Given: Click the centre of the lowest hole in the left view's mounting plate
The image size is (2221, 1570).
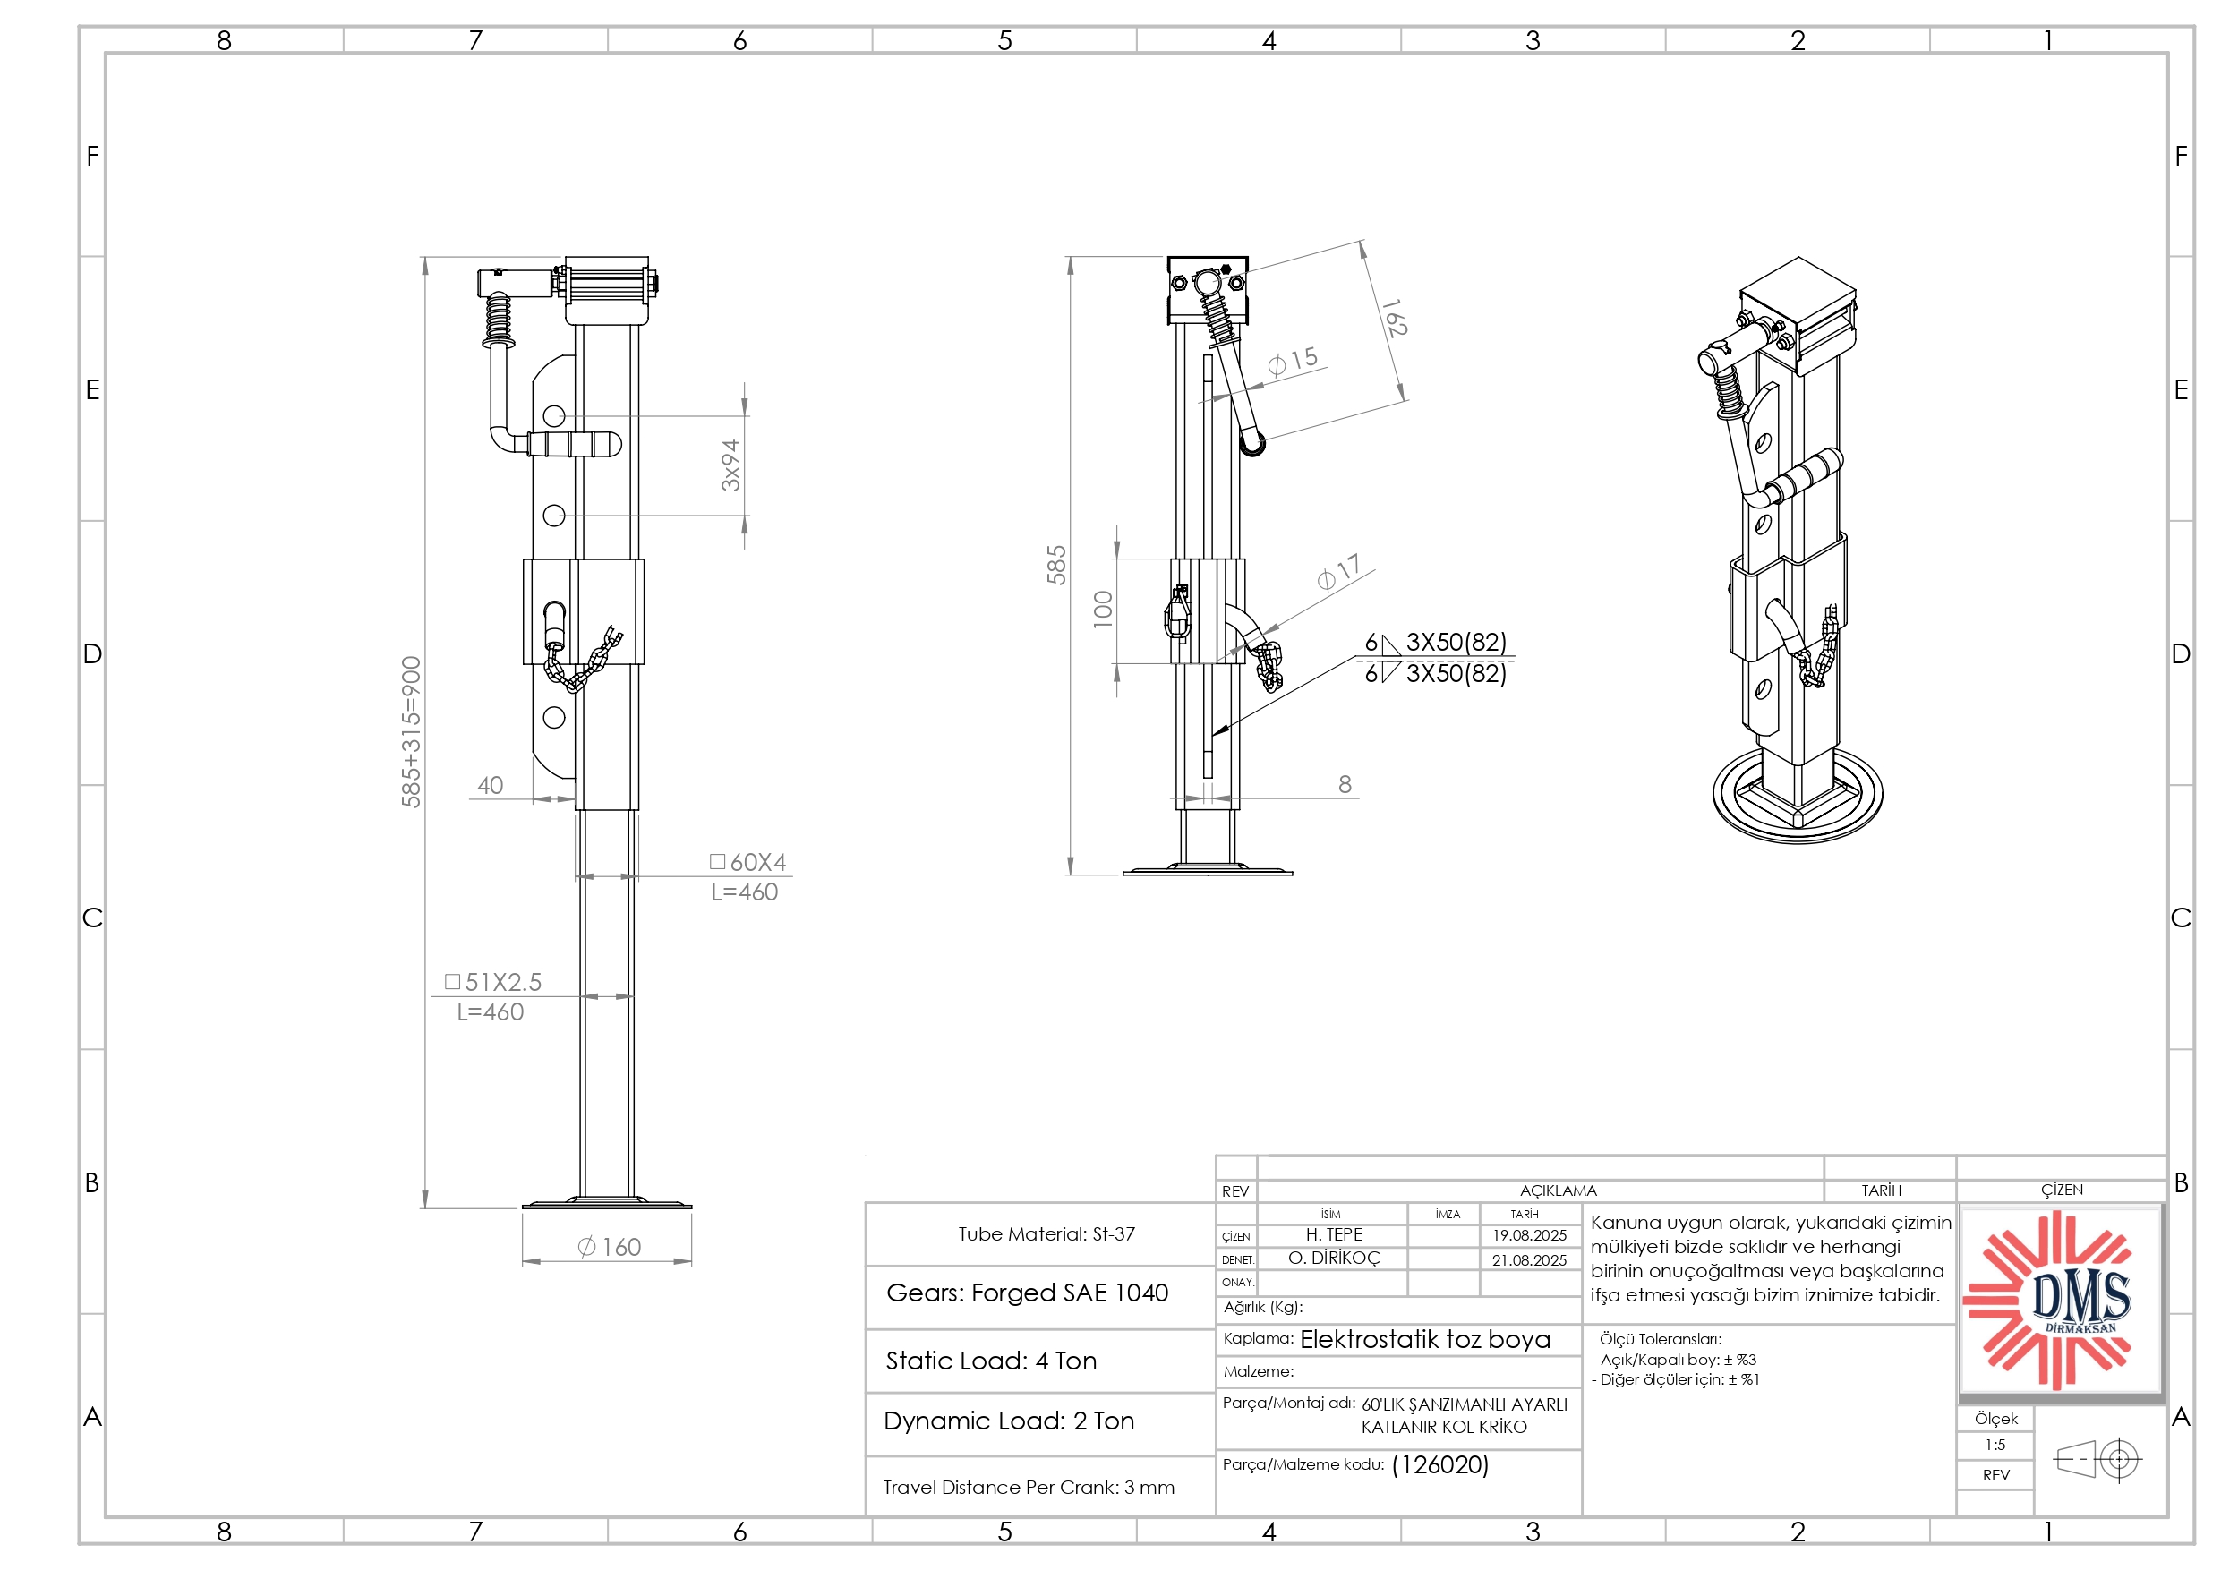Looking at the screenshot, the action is click(x=554, y=718).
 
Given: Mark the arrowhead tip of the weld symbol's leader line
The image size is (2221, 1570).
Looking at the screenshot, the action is click(x=1211, y=735).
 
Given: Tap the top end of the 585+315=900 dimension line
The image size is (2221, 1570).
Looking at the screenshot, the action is click(x=424, y=257).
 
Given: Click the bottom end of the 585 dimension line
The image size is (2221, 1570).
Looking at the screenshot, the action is click(x=1070, y=875).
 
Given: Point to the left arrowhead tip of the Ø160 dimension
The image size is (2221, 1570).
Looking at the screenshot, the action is click(x=524, y=1261).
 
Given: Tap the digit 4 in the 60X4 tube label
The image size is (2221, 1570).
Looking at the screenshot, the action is click(x=779, y=862).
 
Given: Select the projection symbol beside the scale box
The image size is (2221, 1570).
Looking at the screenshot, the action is click(x=2097, y=1459).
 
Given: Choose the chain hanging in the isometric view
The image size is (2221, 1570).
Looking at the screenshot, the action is click(x=1818, y=648).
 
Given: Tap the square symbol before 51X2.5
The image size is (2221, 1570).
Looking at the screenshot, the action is click(x=452, y=982).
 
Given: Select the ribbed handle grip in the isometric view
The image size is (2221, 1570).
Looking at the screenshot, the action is click(x=1804, y=477).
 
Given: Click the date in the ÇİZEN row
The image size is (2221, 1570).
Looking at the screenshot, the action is click(x=1529, y=1235).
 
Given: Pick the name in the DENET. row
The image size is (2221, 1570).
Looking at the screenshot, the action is click(x=1334, y=1259).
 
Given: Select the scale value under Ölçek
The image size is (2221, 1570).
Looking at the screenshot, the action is click(x=1995, y=1446).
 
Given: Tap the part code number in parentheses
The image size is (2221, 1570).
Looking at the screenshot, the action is click(x=1440, y=1465).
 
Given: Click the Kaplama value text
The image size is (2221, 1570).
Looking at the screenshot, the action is click(x=1425, y=1340).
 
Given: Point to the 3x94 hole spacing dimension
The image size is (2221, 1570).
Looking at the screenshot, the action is click(x=731, y=465).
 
